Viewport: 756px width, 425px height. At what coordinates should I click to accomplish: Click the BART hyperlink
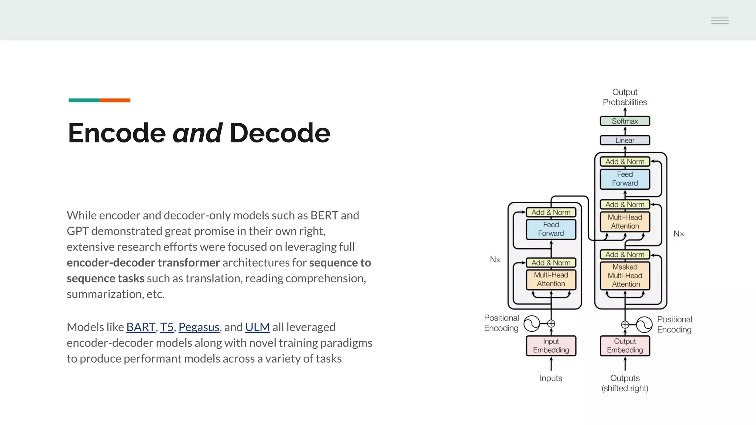tap(141, 327)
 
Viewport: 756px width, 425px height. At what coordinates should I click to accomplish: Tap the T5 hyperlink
tap(166, 327)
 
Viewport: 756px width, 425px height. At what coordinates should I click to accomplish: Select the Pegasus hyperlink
tap(199, 327)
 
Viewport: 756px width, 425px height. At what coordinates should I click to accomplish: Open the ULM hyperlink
tap(257, 327)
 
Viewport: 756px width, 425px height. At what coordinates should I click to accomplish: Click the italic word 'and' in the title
tap(197, 133)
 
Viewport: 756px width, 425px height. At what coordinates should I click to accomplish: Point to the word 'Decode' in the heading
tap(280, 133)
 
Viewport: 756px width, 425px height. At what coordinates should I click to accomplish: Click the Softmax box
tap(625, 121)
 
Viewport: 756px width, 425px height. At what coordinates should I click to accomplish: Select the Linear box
tap(625, 140)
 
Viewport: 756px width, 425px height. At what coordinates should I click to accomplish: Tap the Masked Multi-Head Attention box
tap(625, 276)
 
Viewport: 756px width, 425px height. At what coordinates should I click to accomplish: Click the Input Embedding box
tap(551, 346)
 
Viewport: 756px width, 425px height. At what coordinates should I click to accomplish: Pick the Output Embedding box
tap(625, 346)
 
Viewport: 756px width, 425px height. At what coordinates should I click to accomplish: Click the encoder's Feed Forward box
tap(551, 229)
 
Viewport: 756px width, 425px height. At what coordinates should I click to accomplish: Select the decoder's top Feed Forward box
tap(625, 179)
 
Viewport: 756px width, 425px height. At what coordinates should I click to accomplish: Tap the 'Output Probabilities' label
tap(625, 97)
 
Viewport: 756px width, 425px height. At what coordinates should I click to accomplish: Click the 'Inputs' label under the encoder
tap(551, 378)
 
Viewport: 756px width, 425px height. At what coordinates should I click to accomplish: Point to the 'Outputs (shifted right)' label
tap(625, 383)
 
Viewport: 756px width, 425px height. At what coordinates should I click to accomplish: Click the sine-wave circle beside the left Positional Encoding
tap(532, 324)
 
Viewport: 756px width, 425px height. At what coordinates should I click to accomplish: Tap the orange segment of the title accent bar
tap(115, 100)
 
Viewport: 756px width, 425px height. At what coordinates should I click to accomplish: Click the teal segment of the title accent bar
tap(84, 100)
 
